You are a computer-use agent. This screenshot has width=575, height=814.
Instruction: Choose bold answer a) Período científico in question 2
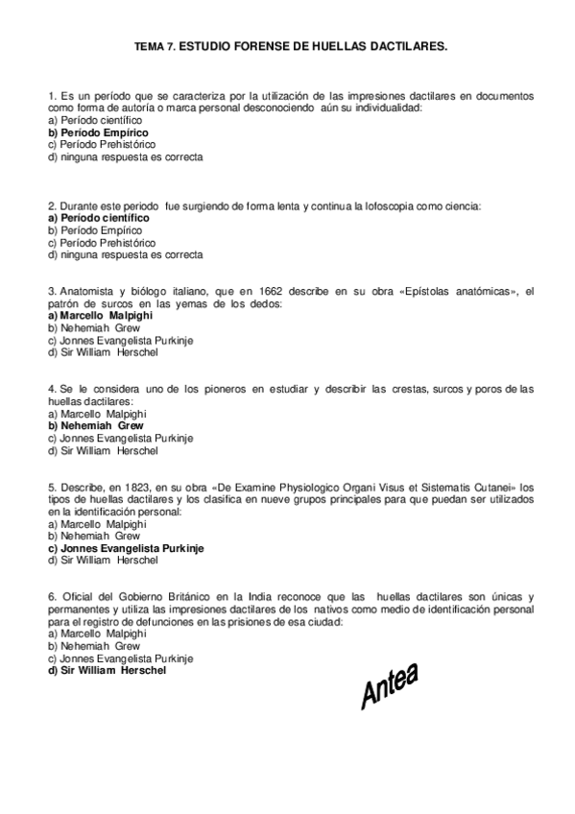(98, 218)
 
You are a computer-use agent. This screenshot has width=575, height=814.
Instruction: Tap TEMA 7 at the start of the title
(154, 45)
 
